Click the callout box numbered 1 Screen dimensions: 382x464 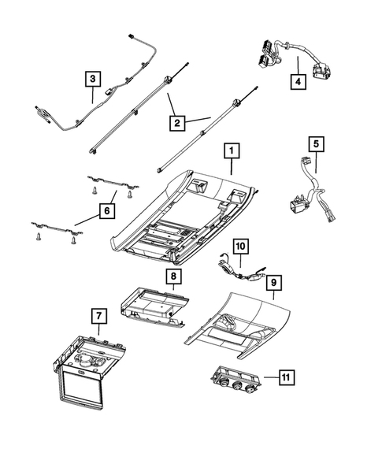point(232,151)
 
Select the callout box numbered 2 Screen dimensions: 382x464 point(177,123)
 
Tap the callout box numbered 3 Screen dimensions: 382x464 point(93,79)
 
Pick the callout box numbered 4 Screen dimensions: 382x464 point(298,81)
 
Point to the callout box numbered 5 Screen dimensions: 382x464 point(317,144)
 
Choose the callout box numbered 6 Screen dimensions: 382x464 point(107,211)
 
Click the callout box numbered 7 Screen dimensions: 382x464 point(98,316)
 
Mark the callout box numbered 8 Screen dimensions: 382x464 point(173,277)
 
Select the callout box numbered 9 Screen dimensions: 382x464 point(274,283)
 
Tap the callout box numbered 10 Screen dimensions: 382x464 point(240,247)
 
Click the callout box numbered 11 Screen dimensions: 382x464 point(286,377)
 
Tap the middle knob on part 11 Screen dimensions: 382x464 point(237,385)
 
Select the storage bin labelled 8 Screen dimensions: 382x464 point(154,307)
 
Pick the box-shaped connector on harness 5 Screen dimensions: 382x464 point(298,206)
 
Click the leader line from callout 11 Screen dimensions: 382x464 point(271,377)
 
